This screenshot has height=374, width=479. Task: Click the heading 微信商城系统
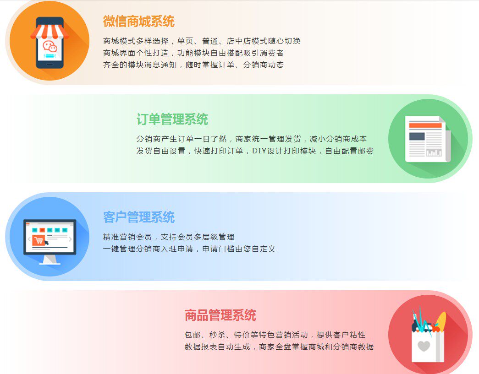tap(139, 22)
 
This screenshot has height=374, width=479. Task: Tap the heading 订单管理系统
tap(172, 119)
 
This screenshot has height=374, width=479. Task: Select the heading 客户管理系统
tap(139, 217)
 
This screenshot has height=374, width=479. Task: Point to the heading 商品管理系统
tap(220, 315)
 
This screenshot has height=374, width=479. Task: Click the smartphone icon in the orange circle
tap(50, 43)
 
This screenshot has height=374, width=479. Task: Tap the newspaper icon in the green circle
tap(428, 139)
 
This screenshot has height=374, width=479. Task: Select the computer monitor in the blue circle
tap(50, 241)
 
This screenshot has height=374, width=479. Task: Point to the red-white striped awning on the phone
tap(50, 32)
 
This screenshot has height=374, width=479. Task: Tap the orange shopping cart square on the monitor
tap(39, 240)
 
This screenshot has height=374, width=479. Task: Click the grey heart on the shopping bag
tap(424, 346)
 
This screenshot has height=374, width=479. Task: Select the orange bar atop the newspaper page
tap(425, 125)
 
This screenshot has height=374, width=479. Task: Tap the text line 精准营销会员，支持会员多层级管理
tap(169, 237)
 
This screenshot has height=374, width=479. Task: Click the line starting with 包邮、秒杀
tap(275, 335)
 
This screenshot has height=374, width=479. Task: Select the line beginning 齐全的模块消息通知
tap(193, 65)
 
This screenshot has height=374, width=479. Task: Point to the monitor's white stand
tap(50, 260)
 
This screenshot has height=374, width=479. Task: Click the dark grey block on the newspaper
tap(417, 136)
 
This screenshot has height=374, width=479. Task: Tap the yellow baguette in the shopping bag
tap(441, 321)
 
